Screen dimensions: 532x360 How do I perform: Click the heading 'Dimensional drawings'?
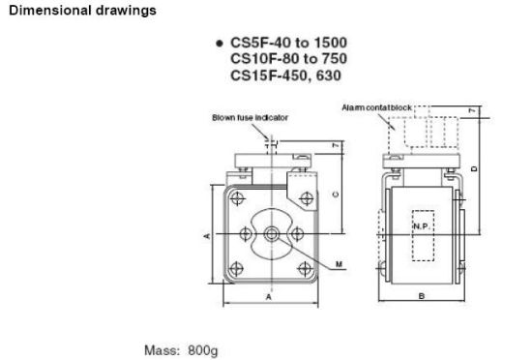(82, 11)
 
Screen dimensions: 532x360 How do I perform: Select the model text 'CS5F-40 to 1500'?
(289, 43)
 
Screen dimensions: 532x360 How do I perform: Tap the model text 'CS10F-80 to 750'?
(289, 59)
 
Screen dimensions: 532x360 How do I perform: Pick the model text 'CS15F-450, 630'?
(285, 75)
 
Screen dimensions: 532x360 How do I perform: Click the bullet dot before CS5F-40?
(220, 44)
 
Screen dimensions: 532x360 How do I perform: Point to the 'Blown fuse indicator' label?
(251, 118)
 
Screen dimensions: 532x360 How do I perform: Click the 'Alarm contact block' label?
(376, 107)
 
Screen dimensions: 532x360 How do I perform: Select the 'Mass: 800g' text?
(181, 350)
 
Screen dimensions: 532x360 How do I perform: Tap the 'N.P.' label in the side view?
(423, 226)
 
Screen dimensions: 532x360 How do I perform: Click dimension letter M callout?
(339, 264)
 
